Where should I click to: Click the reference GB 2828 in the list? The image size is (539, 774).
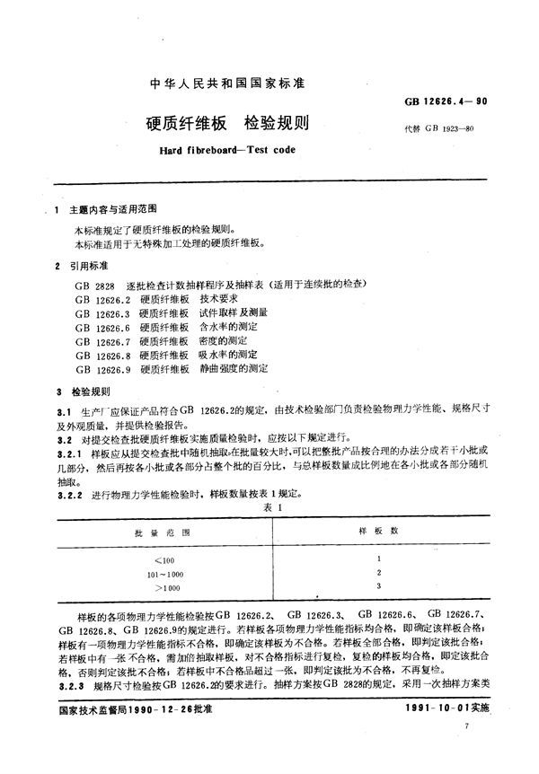point(93,284)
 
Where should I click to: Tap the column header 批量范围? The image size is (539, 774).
point(152,532)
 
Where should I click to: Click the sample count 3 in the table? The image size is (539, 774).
point(380,586)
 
